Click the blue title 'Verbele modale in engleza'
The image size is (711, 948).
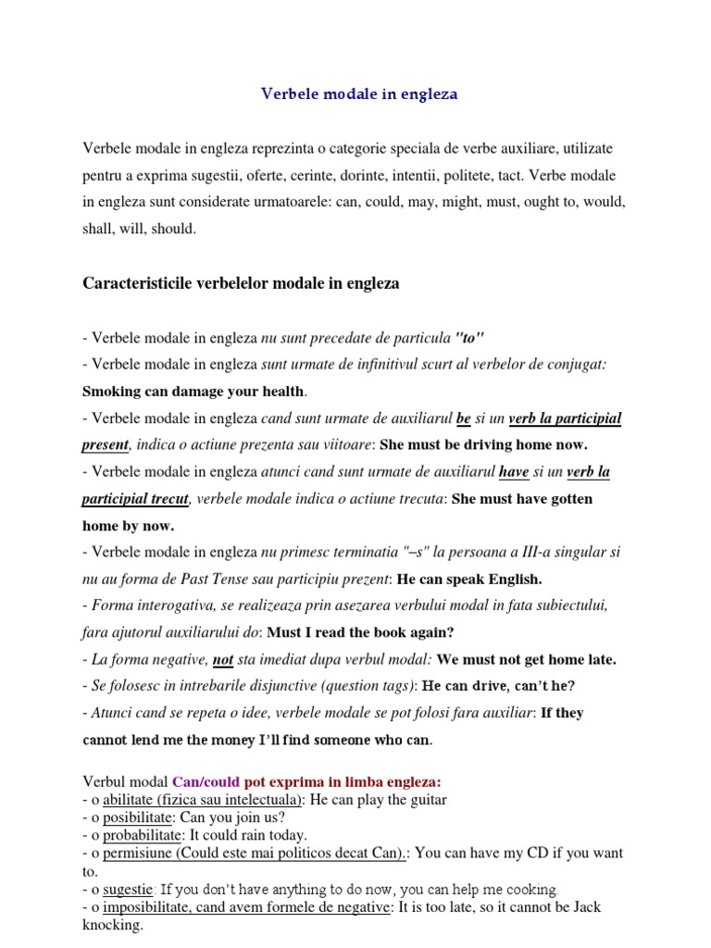[359, 94]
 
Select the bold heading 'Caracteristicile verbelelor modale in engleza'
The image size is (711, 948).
[241, 283]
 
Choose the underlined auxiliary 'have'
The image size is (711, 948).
[514, 472]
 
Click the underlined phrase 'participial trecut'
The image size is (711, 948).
[135, 499]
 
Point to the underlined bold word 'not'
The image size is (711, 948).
[223, 660]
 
